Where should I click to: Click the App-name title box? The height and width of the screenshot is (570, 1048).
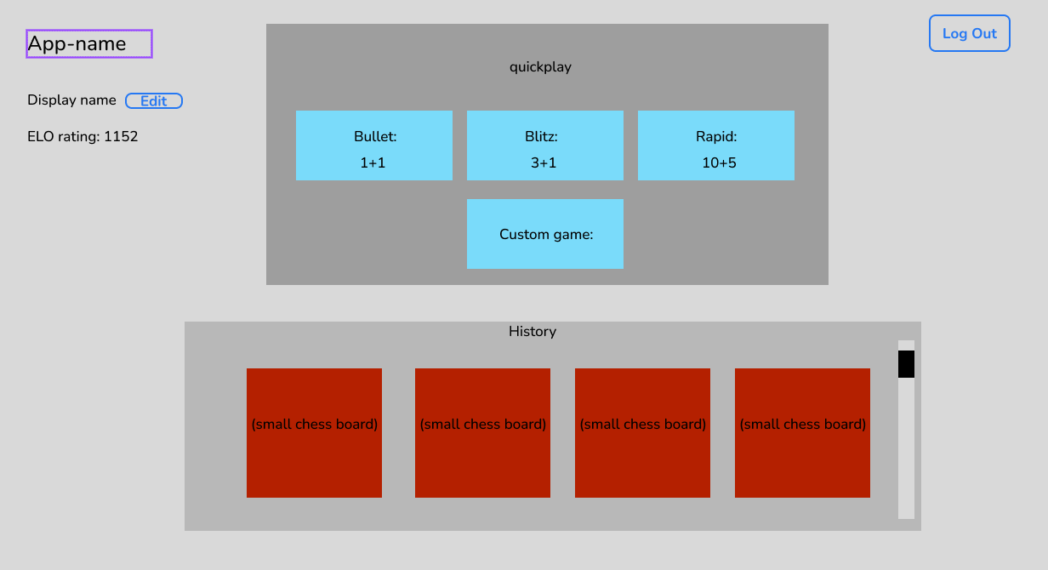(x=89, y=44)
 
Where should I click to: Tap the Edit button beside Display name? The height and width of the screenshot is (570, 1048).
(x=154, y=101)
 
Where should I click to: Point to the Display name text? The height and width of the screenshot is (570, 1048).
(x=71, y=100)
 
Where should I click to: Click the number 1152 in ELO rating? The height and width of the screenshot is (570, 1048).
(x=121, y=136)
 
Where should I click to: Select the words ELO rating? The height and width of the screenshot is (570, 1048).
(x=63, y=136)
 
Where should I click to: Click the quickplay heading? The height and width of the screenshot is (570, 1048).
(x=540, y=67)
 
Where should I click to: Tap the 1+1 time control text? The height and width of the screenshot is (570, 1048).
(x=373, y=163)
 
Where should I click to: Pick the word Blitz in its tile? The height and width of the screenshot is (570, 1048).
(x=540, y=137)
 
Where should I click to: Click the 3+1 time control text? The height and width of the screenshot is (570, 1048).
(x=544, y=163)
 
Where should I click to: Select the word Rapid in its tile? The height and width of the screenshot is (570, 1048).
(x=715, y=137)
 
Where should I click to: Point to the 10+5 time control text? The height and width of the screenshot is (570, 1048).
(x=719, y=163)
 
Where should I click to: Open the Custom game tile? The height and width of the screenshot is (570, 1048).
(x=545, y=234)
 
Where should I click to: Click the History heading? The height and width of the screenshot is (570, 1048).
(x=533, y=332)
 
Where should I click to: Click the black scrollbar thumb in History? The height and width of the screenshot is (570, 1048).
(x=906, y=364)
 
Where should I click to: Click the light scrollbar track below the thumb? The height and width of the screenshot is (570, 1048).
(x=906, y=451)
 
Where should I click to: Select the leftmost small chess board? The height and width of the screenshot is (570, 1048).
(x=314, y=433)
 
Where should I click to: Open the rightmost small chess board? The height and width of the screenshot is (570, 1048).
(x=802, y=433)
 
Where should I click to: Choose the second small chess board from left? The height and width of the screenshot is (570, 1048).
(x=482, y=433)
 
